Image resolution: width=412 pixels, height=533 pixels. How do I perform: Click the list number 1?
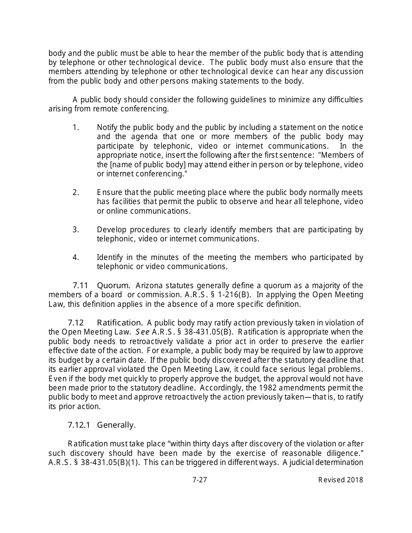[75, 127]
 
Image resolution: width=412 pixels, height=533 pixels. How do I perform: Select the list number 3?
[75, 230]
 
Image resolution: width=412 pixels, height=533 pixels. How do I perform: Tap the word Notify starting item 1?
[108, 127]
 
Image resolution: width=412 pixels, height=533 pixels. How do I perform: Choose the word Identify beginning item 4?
[110, 257]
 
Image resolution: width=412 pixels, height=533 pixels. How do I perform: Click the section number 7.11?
[80, 286]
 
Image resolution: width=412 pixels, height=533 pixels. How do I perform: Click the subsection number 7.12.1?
[79, 425]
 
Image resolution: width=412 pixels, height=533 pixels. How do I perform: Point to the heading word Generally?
[116, 425]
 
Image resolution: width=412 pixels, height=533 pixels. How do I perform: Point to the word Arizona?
[149, 286]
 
